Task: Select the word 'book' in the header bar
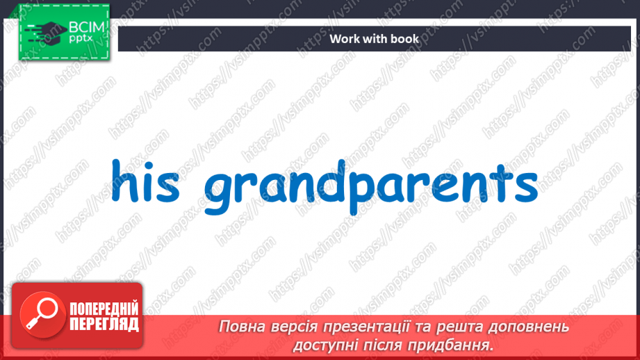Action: click(x=405, y=39)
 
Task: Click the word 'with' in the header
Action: click(x=375, y=39)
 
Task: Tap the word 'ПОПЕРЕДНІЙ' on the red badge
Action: click(x=104, y=309)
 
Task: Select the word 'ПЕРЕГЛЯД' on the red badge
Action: click(x=104, y=324)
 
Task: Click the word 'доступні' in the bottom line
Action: click(x=324, y=345)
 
